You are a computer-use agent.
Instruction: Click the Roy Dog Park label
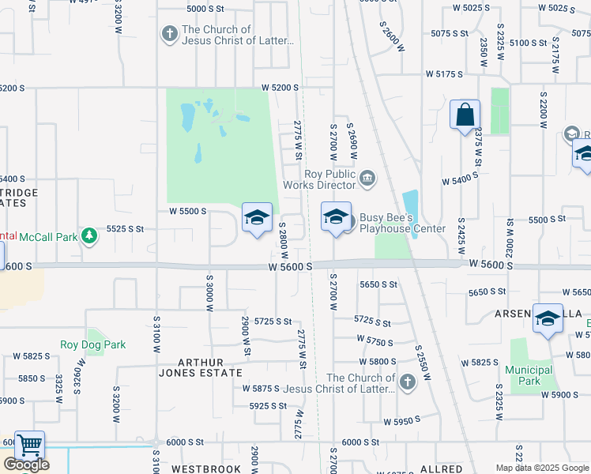click(x=92, y=344)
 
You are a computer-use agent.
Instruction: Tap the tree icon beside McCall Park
click(x=91, y=235)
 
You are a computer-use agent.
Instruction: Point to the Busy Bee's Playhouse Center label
click(x=403, y=223)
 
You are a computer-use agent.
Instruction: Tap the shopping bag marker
click(x=465, y=115)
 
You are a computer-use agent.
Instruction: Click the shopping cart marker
click(x=29, y=446)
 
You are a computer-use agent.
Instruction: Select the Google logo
click(x=26, y=465)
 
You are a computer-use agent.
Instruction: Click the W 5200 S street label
click(x=281, y=87)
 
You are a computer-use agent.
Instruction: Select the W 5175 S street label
click(x=443, y=73)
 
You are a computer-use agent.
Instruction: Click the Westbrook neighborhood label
click(x=206, y=468)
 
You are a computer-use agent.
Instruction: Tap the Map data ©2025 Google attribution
click(x=542, y=468)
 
